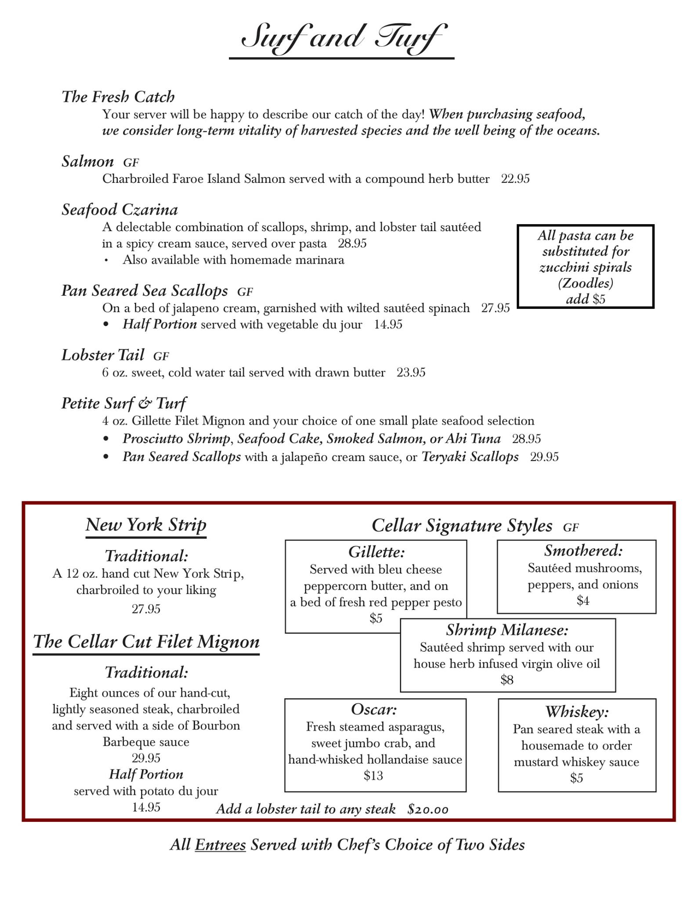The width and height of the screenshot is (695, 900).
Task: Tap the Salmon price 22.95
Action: tap(515, 179)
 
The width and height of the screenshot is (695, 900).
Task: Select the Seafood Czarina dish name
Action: tap(119, 210)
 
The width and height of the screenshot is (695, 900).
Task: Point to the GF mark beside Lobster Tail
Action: tap(161, 356)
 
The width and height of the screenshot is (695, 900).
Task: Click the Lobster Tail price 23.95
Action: tap(411, 373)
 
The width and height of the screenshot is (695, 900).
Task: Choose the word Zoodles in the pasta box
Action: tap(586, 283)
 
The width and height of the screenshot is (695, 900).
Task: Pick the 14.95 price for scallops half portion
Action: tap(388, 325)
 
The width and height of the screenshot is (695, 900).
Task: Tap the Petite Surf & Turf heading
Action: tap(123, 403)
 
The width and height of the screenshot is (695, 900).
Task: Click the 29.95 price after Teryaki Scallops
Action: tap(544, 457)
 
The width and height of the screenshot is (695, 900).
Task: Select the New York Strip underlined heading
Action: tap(146, 525)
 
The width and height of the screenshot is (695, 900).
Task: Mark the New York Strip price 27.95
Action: tap(146, 609)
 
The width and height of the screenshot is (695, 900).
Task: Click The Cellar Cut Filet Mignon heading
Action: tap(146, 642)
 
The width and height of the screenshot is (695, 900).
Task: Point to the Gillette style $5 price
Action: tap(376, 619)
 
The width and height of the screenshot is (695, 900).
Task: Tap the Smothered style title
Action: tap(583, 551)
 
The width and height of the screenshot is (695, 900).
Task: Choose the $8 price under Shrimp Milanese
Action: tap(507, 680)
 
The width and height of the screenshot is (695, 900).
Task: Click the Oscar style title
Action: tap(374, 709)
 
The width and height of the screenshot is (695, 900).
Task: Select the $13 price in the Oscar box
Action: tap(373, 776)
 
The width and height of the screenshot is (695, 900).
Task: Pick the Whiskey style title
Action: tap(577, 711)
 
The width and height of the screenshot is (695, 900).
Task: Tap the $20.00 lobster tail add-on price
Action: tap(428, 809)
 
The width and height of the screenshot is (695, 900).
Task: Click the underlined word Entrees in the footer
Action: tap(220, 845)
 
